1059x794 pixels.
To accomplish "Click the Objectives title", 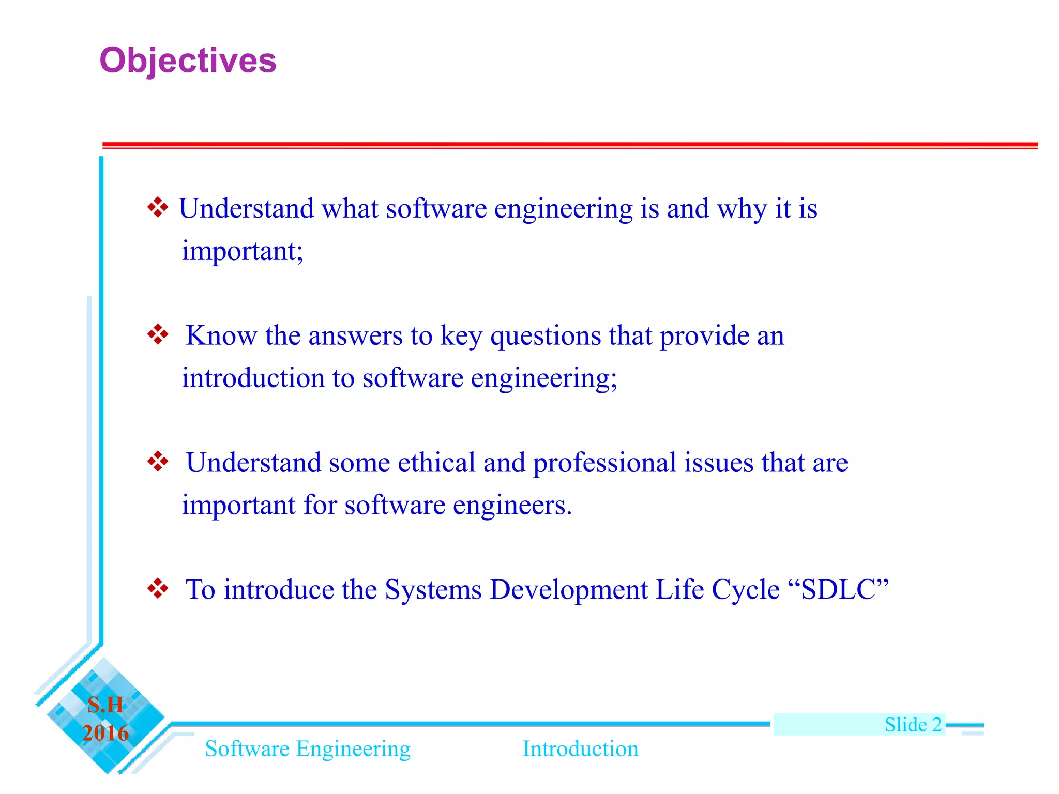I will click(x=188, y=61).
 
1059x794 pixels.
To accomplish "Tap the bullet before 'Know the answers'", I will click(x=158, y=334).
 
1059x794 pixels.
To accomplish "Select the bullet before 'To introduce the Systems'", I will click(x=158, y=588).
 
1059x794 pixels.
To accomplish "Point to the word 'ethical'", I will click(x=436, y=462).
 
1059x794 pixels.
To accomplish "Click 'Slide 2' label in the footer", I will click(x=913, y=724).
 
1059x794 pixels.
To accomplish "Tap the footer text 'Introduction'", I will click(x=580, y=749).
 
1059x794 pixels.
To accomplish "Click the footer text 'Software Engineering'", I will click(x=308, y=749).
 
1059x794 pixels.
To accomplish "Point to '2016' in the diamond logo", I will click(x=105, y=733).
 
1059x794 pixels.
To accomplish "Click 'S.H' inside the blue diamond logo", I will click(x=105, y=705).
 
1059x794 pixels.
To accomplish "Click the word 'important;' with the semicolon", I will click(x=242, y=252).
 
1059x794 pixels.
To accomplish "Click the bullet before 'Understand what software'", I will click(x=158, y=208).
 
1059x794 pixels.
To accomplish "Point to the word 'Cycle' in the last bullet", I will click(x=745, y=590).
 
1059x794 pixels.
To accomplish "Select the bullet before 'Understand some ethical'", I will click(x=158, y=461).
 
